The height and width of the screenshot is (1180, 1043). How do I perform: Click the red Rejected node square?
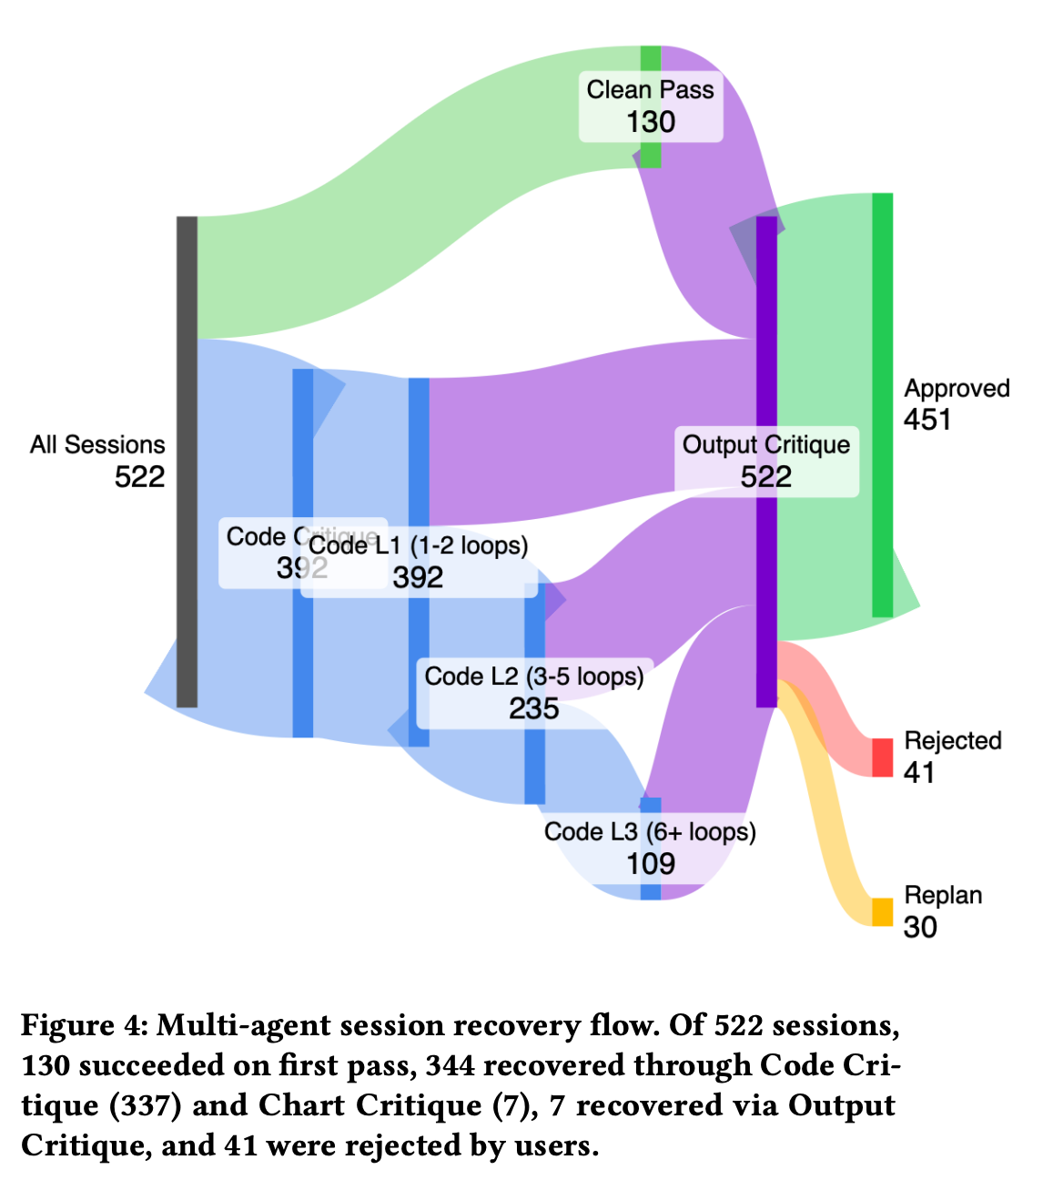tap(882, 758)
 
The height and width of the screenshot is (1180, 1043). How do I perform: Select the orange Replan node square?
tap(882, 911)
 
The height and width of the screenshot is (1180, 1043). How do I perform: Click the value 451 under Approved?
tap(927, 420)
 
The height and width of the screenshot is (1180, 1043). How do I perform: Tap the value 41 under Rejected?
tap(919, 773)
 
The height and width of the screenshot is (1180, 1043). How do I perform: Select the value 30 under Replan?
tap(920, 927)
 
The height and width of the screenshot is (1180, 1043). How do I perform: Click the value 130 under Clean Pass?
tap(650, 122)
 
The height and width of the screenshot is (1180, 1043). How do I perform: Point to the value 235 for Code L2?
tap(533, 708)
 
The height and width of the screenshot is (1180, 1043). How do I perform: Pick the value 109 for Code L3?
tap(650, 863)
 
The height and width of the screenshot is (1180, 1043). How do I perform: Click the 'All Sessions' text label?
tap(97, 444)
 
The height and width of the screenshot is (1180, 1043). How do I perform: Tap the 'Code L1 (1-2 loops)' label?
tap(419, 545)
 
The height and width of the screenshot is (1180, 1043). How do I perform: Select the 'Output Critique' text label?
tap(765, 444)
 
